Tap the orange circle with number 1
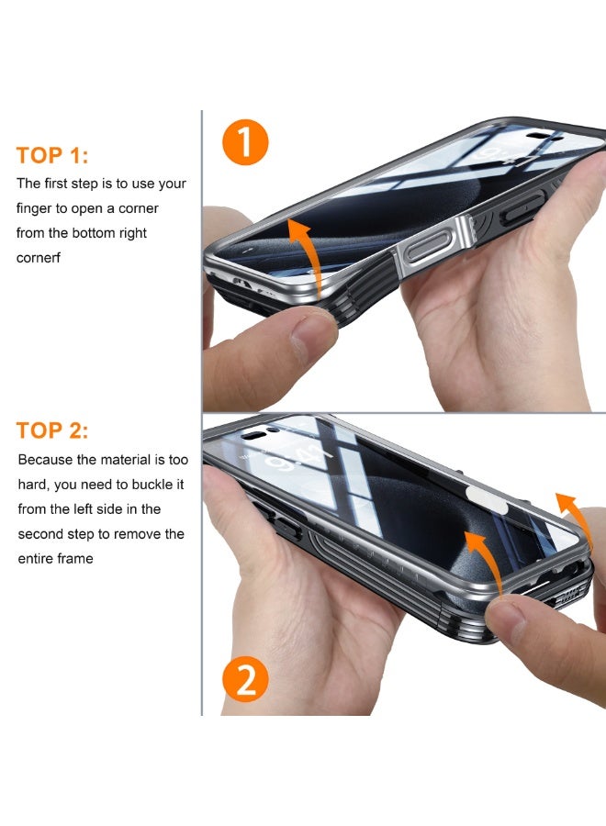coord(245,143)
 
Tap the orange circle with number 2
coord(245,680)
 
